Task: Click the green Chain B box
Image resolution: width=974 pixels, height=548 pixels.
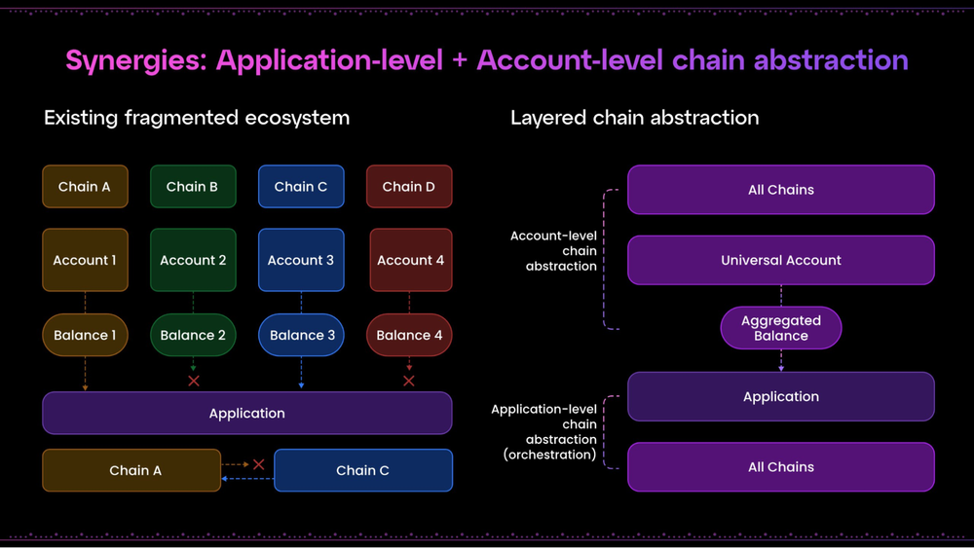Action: tap(193, 187)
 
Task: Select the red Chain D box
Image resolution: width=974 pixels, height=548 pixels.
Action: tap(409, 187)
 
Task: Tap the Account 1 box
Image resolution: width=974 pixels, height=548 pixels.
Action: tap(85, 260)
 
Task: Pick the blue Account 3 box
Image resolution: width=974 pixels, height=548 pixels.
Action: tap(301, 260)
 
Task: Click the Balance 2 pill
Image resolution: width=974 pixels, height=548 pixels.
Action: tap(193, 335)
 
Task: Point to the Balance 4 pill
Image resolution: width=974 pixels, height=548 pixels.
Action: tap(409, 335)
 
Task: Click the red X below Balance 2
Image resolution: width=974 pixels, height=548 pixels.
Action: tap(194, 381)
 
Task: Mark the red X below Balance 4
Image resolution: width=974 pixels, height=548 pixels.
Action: tap(409, 381)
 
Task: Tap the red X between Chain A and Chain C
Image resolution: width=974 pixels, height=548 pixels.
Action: tap(258, 465)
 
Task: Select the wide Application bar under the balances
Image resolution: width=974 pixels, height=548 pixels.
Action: tap(247, 414)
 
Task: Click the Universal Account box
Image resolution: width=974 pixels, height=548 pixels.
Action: tap(781, 260)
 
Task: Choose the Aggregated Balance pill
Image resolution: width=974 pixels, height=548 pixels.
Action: tap(781, 328)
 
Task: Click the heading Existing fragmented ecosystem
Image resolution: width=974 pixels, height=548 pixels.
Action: tap(197, 118)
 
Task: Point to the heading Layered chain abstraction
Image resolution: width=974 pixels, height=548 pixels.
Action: tap(634, 118)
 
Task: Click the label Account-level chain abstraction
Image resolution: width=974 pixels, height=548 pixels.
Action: tap(553, 251)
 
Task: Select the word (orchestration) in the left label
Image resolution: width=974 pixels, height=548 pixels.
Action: tap(549, 455)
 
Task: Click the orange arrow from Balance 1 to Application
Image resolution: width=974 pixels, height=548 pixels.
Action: tap(86, 374)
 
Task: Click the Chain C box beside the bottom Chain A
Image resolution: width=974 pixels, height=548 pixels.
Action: tap(363, 470)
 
